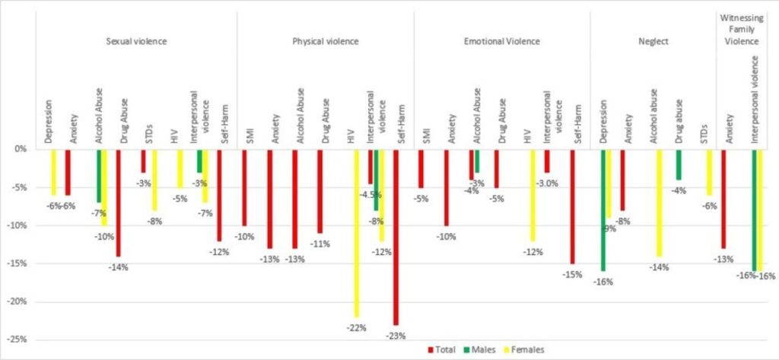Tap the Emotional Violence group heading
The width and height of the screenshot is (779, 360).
coord(502,40)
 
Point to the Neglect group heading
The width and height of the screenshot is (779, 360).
coord(653,40)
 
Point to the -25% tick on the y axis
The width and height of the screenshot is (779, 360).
coord(21,339)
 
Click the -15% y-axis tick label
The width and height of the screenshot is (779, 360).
coord(21,263)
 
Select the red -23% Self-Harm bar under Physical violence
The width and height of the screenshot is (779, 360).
coord(396,237)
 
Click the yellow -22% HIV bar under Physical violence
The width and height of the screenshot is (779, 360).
coord(357,233)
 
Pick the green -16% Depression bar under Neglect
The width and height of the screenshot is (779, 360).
coord(603,210)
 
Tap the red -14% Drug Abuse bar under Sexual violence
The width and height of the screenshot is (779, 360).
coord(118,202)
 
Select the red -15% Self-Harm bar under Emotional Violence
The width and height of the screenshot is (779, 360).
coord(572,206)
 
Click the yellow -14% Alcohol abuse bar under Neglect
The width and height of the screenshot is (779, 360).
coord(659,202)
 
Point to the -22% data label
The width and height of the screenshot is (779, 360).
coord(357,327)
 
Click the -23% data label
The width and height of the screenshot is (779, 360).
coord(396,335)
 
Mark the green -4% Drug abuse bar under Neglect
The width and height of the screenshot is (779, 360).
coord(678,164)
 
